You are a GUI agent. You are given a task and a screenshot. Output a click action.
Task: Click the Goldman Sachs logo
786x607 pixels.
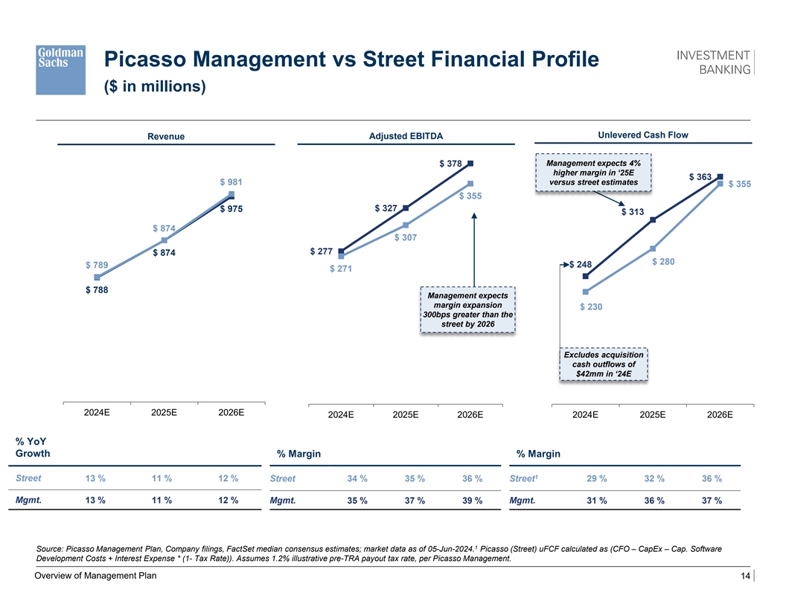[x=60, y=68]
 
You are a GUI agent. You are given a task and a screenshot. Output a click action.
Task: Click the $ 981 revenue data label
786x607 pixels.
[x=231, y=182]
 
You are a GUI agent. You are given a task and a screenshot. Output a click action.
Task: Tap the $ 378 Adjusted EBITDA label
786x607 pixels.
[x=451, y=164]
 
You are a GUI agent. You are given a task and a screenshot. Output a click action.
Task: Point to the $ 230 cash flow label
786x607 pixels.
[x=591, y=306]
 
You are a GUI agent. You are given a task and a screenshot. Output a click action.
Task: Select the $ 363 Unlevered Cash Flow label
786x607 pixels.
[x=700, y=177]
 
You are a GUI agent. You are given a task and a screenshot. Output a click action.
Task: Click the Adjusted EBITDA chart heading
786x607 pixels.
[x=406, y=136]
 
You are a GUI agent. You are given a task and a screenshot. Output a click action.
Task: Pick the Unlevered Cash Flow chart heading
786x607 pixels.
[x=643, y=135]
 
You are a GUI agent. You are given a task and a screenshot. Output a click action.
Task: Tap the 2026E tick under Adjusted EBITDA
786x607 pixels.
[x=470, y=415]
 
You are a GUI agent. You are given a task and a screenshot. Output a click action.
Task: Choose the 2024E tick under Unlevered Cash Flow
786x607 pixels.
[x=585, y=415]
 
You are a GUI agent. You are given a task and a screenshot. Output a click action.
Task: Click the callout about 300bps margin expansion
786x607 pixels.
[x=467, y=309]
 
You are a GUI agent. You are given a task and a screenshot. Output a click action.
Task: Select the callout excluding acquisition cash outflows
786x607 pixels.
[x=604, y=364]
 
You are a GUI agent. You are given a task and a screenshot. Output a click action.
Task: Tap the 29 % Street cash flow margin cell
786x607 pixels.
[x=597, y=478]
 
